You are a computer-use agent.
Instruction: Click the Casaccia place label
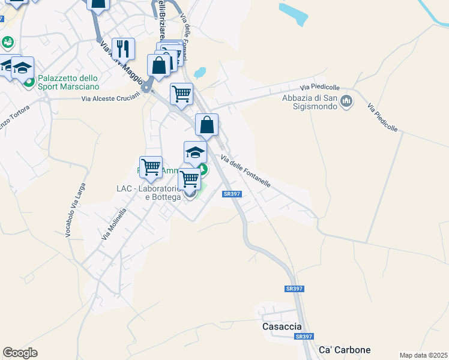[282, 327]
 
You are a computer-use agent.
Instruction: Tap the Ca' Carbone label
[345, 350]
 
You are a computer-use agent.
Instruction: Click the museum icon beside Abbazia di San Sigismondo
[346, 102]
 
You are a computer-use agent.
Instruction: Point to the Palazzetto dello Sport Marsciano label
[67, 83]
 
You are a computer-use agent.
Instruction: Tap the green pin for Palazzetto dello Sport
[28, 81]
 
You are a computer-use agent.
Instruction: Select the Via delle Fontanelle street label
[246, 171]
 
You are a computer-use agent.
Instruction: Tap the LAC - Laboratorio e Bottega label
[148, 193]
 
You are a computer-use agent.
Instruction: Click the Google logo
[20, 353]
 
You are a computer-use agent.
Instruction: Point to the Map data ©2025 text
[423, 355]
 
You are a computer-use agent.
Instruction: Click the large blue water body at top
[294, 13]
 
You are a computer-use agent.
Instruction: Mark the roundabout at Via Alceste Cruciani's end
[146, 89]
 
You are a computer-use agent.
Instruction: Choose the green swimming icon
[7, 42]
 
